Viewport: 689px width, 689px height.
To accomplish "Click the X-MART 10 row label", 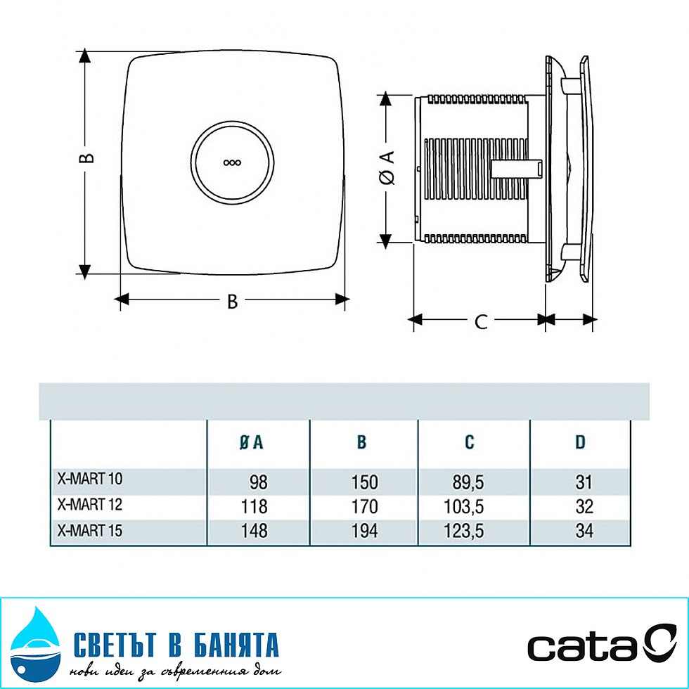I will point(89,479).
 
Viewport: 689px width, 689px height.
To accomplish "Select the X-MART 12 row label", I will point(89,505).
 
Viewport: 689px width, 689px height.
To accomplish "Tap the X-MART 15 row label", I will point(89,530).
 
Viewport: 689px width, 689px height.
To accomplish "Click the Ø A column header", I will point(251,442).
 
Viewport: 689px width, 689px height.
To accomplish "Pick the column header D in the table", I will point(580,442).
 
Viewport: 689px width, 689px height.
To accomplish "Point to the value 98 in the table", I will point(258,482).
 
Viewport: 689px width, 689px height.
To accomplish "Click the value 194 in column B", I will point(364,531).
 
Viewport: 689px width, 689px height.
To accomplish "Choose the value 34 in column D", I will point(583,531).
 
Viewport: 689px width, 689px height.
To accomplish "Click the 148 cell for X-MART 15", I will point(254,531).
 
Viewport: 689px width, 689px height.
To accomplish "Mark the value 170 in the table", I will point(364,506).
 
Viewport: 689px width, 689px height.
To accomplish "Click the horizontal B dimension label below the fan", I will point(232,302).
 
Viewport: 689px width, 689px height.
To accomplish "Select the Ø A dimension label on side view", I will point(387,167).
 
